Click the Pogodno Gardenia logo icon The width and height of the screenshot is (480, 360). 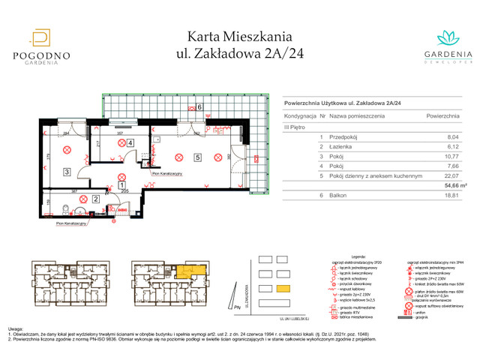[43, 37]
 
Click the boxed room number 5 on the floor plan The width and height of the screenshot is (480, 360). [196, 157]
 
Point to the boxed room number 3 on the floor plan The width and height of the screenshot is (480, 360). [67, 172]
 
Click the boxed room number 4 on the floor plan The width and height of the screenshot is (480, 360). [130, 142]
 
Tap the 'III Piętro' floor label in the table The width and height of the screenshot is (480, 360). [296, 127]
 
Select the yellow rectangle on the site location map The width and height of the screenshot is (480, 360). [283, 289]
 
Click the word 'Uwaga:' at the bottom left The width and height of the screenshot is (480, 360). [16, 329]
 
